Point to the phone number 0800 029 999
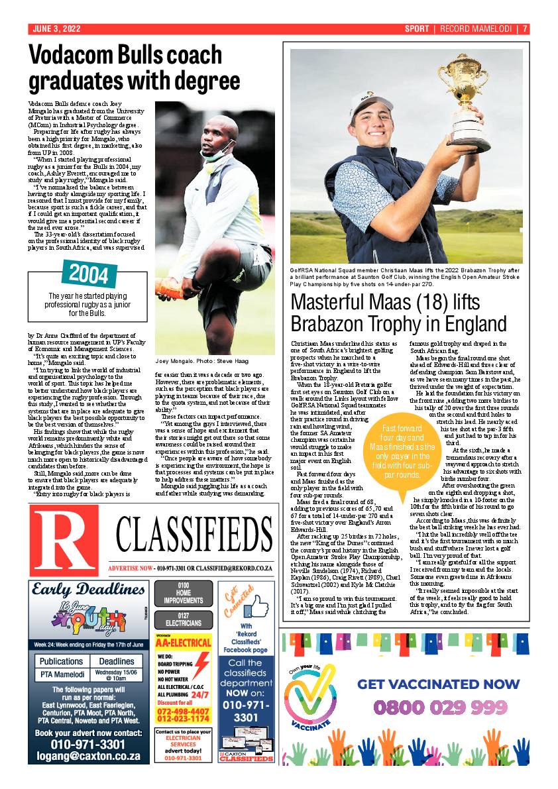pyautogui.click(x=440, y=708)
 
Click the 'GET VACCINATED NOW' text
pyautogui.click(x=438, y=684)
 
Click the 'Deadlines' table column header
pyautogui.click(x=116, y=661)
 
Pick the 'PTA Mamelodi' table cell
pyautogui.click(x=62, y=674)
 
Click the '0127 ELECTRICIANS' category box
pyautogui.click(x=184, y=619)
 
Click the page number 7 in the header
pyautogui.click(x=524, y=29)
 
